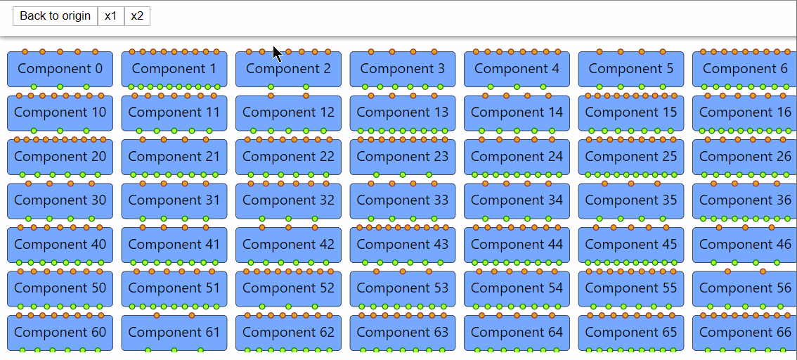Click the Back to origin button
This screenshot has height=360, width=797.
[x=55, y=16]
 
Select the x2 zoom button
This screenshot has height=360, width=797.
[x=137, y=16]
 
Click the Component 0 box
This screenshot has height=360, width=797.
[x=60, y=69]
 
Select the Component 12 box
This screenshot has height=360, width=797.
[x=288, y=112]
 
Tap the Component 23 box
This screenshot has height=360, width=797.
[x=403, y=157]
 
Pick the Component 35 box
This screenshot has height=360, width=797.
[x=631, y=200]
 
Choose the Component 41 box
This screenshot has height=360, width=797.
[x=174, y=245]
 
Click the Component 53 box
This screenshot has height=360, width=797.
[x=403, y=288]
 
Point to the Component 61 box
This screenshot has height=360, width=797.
[x=174, y=333]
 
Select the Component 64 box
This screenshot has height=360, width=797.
[x=517, y=333]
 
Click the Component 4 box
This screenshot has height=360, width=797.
[x=517, y=69]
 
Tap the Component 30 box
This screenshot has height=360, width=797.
[x=60, y=200]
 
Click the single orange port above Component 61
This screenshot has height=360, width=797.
[x=157, y=315]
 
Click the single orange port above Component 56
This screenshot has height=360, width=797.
[x=727, y=271]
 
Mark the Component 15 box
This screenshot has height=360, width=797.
[x=631, y=112]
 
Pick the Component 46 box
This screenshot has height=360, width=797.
[x=744, y=245]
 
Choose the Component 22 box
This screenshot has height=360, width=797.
[x=288, y=157]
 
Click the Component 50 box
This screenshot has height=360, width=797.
[x=60, y=288]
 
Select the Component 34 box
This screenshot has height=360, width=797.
[x=517, y=200]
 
